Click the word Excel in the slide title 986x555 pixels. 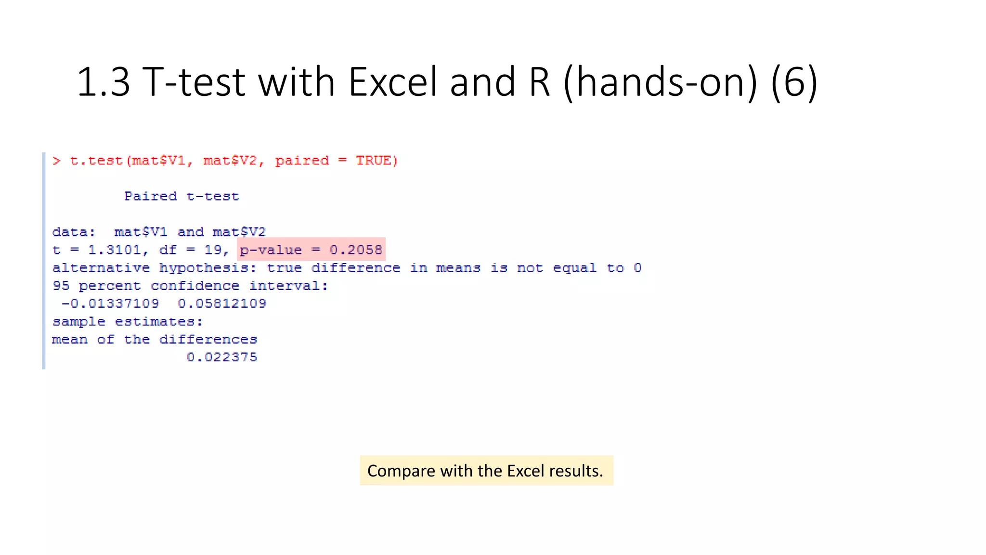tap(393, 82)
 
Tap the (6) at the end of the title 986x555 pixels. tap(794, 82)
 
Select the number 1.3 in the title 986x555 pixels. tap(103, 82)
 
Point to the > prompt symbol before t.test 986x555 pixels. tap(57, 160)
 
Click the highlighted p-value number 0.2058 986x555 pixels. tap(356, 250)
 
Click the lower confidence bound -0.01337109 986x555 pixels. tap(110, 304)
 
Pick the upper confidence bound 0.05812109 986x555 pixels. tap(222, 304)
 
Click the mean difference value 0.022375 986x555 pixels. tap(222, 357)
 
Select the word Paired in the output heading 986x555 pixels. tap(151, 197)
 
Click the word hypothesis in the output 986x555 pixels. tap(204, 268)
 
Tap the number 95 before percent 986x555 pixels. tap(61, 286)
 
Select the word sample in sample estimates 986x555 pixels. tap(78, 322)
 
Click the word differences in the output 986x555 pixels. tap(208, 340)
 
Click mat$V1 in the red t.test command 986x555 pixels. tap(159, 160)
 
